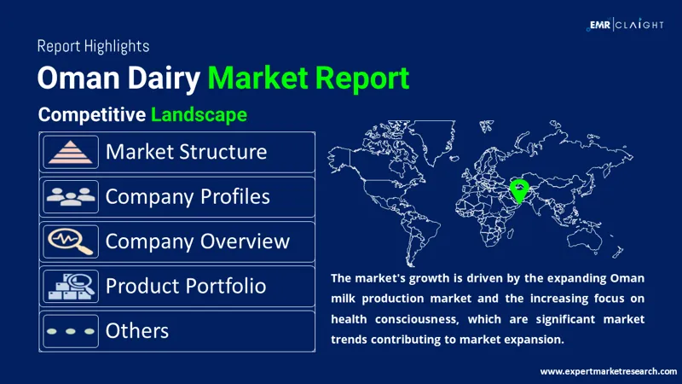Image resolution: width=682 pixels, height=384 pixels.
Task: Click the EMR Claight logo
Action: tap(626, 25)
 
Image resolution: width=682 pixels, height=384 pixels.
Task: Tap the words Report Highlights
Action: tap(93, 46)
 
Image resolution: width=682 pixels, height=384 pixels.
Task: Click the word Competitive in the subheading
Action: tap(91, 113)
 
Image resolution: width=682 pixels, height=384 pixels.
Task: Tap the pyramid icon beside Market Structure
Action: tap(71, 153)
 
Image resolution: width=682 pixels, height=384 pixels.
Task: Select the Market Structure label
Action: tap(186, 152)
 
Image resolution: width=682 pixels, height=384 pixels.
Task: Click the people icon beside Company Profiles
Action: tap(71, 197)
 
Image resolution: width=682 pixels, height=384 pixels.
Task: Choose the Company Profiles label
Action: tap(188, 196)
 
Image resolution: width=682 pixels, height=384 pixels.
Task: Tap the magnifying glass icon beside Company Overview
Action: tap(71, 241)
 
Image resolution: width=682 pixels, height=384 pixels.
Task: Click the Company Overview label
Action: tap(197, 241)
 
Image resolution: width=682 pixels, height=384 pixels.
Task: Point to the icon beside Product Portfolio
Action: tap(71, 286)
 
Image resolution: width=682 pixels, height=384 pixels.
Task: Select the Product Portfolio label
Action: tap(185, 286)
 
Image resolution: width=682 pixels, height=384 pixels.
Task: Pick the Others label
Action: tap(137, 330)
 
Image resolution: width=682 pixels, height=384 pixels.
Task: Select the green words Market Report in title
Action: tap(309, 79)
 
